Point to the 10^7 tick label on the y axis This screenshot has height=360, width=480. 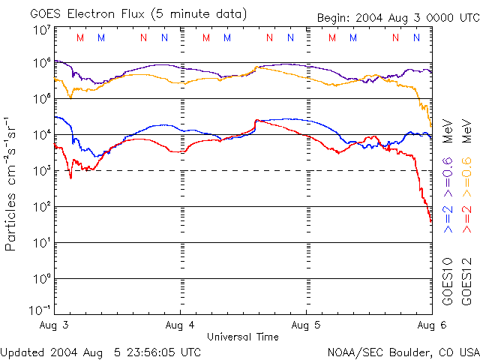click(42, 30)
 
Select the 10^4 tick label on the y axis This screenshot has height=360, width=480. click(42, 134)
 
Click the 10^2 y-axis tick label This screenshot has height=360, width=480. click(42, 206)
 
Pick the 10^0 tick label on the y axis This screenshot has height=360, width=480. click(42, 278)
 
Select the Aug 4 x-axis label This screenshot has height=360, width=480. click(180, 326)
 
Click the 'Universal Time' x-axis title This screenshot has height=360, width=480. click(242, 337)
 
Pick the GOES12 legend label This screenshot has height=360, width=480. click(466, 280)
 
